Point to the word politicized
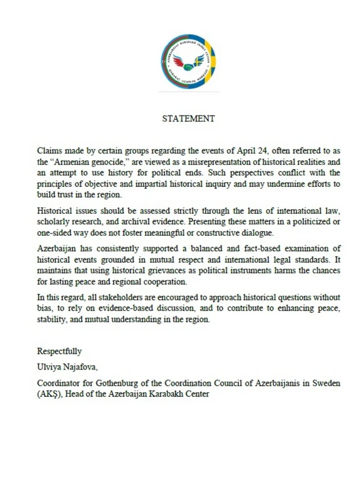click(x=299, y=222)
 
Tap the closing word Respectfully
click(x=60, y=351)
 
